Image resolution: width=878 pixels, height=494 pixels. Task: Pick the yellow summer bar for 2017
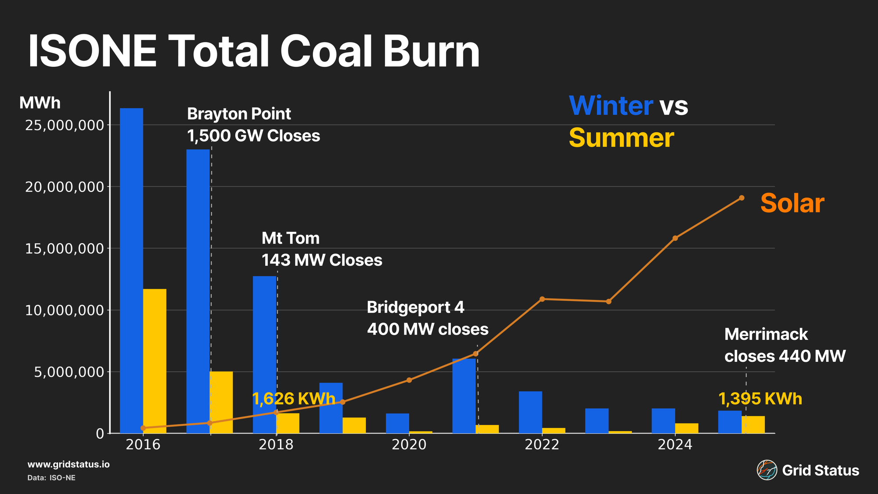221,402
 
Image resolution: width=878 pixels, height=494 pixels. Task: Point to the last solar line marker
741,198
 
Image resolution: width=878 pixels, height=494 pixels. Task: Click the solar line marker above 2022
542,299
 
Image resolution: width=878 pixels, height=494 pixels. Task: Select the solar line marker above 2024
675,238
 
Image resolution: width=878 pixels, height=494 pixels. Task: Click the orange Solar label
792,203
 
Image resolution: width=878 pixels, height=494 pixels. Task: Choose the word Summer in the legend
621,138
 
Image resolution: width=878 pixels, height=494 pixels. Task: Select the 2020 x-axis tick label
409,445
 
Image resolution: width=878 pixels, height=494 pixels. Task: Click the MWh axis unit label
40,103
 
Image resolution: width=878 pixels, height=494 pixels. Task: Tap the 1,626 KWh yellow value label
293,399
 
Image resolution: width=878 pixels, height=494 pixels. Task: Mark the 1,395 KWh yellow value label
760,399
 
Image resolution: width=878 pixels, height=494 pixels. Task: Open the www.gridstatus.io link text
68,465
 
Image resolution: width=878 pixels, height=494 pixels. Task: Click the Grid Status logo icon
766,470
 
